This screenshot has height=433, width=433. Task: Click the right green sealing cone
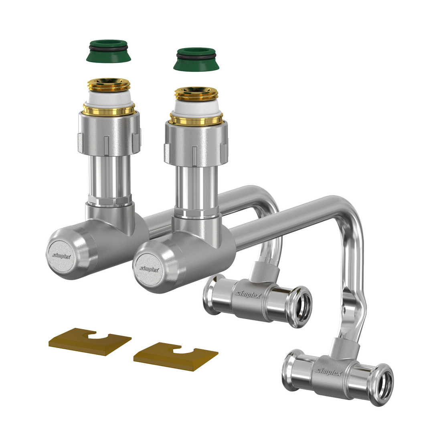click(196, 59)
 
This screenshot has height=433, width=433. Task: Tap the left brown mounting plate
click(90, 342)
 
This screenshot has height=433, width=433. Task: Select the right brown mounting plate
click(176, 356)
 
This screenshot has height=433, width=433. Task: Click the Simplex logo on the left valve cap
click(61, 256)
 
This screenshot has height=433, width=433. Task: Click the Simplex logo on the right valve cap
click(149, 269)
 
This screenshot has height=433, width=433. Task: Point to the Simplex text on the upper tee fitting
click(248, 295)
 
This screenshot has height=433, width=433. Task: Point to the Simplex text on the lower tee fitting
click(329, 372)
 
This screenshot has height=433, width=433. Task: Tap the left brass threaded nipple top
click(109, 85)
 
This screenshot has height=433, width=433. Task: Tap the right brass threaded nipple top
click(196, 94)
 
